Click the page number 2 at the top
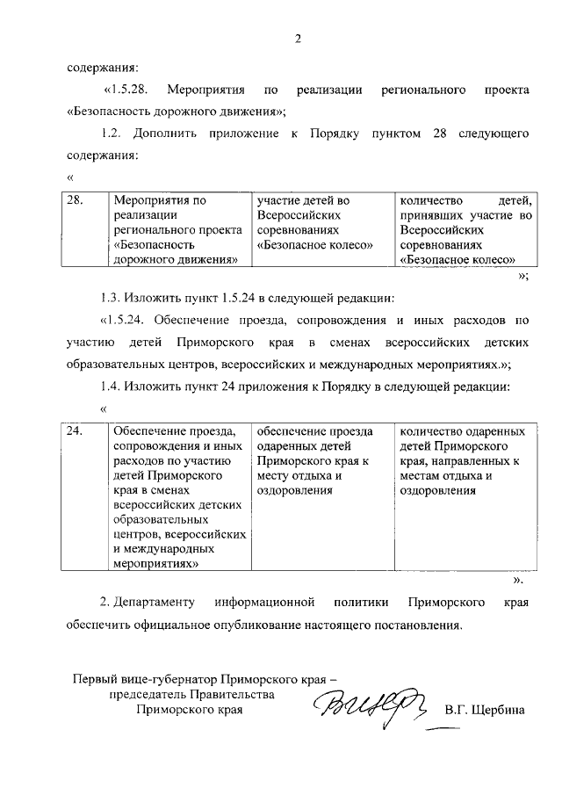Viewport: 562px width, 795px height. pos(298,38)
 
